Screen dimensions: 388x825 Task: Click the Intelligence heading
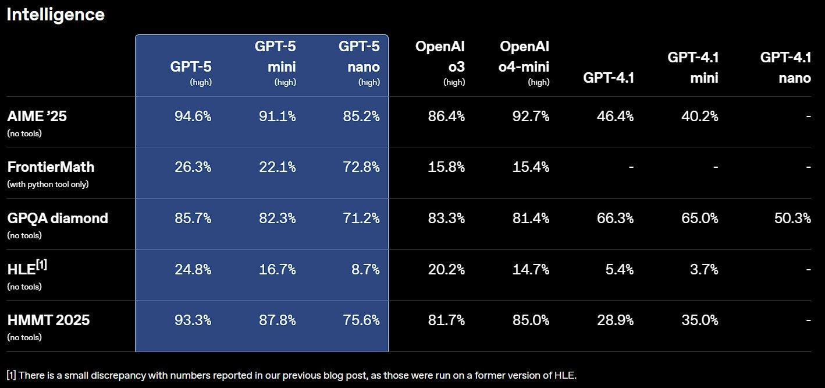[55, 15]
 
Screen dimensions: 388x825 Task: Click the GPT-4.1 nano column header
[785, 67]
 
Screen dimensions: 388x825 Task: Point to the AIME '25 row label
[37, 117]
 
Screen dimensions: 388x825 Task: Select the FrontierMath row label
[51, 167]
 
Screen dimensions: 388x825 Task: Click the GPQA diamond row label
[58, 218]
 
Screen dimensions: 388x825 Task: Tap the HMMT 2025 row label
[48, 320]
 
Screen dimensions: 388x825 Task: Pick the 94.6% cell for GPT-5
[193, 117]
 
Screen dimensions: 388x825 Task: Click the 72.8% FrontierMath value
[361, 167]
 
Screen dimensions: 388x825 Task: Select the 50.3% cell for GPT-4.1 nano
[792, 218]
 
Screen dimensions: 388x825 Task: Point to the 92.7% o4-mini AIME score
[531, 117]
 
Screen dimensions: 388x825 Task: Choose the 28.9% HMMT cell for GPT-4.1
[615, 320]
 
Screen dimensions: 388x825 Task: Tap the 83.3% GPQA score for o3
[446, 218]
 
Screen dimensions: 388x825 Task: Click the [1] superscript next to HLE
[41, 265]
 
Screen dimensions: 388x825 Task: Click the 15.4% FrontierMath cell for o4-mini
[531, 167]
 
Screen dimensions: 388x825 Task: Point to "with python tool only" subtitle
[48, 184]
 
